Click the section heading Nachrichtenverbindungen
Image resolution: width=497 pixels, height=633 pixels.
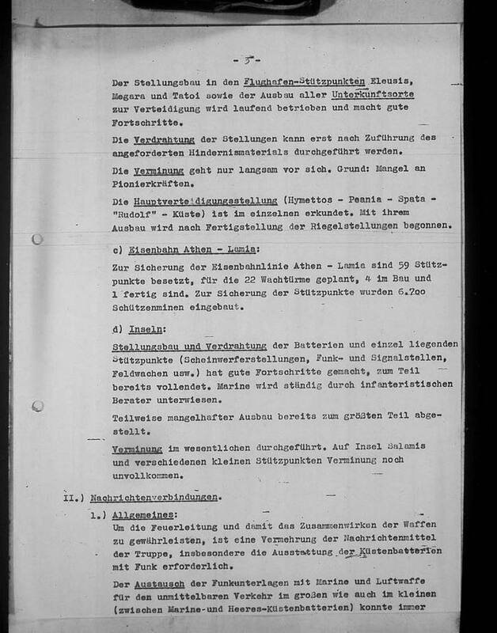click(155, 500)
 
